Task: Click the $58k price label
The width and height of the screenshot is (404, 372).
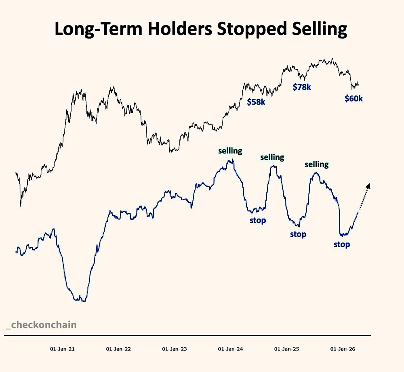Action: [256, 102]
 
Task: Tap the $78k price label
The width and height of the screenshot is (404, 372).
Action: [302, 86]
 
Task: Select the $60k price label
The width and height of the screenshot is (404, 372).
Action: [353, 98]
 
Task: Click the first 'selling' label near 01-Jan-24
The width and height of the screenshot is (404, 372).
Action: [230, 151]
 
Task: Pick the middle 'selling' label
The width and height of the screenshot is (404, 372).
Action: [272, 157]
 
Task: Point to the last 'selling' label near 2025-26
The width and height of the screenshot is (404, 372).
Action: [316, 164]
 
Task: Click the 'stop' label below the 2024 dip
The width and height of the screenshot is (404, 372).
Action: [258, 221]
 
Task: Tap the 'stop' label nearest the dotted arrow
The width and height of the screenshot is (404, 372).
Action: [342, 244]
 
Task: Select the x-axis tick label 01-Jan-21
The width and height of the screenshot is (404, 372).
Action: [62, 349]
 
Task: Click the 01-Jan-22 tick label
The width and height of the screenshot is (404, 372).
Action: [118, 349]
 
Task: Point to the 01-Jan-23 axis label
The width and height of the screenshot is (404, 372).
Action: [175, 349]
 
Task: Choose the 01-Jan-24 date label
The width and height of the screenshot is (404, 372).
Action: [231, 349]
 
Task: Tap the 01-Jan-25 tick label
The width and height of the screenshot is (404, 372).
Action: [287, 349]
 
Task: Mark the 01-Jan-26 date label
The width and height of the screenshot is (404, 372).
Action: [343, 349]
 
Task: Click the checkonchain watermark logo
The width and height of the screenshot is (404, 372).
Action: [41, 325]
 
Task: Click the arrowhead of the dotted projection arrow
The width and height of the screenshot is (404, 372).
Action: [368, 186]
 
